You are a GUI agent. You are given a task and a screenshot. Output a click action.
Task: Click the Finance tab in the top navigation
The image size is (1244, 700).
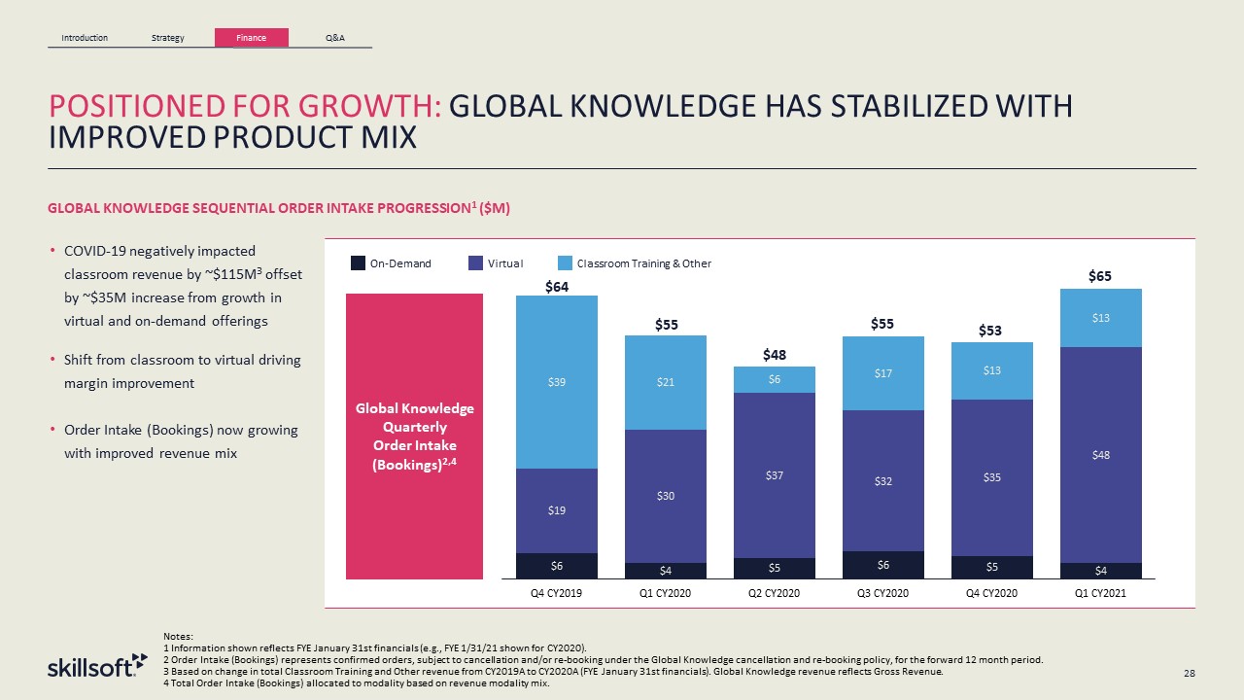(x=251, y=38)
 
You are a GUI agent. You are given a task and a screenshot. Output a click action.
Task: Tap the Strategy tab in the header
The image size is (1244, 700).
(x=168, y=38)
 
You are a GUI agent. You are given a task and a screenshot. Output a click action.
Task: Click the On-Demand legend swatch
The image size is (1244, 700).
(x=358, y=262)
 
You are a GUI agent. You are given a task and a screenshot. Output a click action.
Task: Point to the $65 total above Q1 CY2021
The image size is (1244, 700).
(x=1100, y=277)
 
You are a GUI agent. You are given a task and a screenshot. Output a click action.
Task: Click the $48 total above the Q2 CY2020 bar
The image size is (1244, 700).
(x=774, y=355)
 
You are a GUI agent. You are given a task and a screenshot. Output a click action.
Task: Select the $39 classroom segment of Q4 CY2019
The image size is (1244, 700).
(x=557, y=382)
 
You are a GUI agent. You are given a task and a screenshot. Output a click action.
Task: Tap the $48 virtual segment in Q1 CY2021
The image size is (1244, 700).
(x=1100, y=454)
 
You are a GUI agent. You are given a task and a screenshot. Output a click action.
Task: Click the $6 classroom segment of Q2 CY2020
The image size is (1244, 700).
(x=774, y=379)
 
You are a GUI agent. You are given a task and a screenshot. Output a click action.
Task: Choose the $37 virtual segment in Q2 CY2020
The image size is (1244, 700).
(x=774, y=475)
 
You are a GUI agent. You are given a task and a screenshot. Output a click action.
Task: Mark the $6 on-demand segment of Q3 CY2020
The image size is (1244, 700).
(x=882, y=564)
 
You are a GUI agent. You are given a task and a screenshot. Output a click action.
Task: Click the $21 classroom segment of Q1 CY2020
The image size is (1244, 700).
(x=666, y=382)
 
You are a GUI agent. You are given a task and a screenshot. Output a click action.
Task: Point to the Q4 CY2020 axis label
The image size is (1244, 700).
(x=991, y=593)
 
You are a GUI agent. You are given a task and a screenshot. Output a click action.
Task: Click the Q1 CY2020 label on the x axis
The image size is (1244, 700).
(x=666, y=593)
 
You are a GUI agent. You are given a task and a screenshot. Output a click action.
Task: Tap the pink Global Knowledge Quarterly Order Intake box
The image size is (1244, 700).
(x=414, y=436)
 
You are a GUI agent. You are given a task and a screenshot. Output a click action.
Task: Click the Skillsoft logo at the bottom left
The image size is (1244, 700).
(x=97, y=667)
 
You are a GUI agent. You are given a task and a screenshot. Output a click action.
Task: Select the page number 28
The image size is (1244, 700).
(x=1190, y=673)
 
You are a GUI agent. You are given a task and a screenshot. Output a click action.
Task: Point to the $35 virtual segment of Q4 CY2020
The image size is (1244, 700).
(x=991, y=477)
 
